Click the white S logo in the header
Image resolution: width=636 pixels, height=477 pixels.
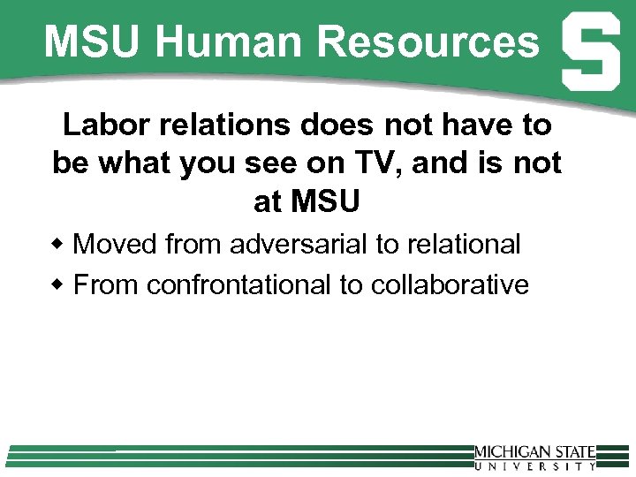tap(590, 54)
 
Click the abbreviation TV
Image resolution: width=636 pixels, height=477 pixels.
tap(385, 163)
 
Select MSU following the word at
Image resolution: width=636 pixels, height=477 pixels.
tap(325, 202)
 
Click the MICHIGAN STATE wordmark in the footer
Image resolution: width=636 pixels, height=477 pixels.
tap(534, 452)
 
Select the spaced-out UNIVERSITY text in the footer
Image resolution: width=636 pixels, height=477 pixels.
tap(534, 466)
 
